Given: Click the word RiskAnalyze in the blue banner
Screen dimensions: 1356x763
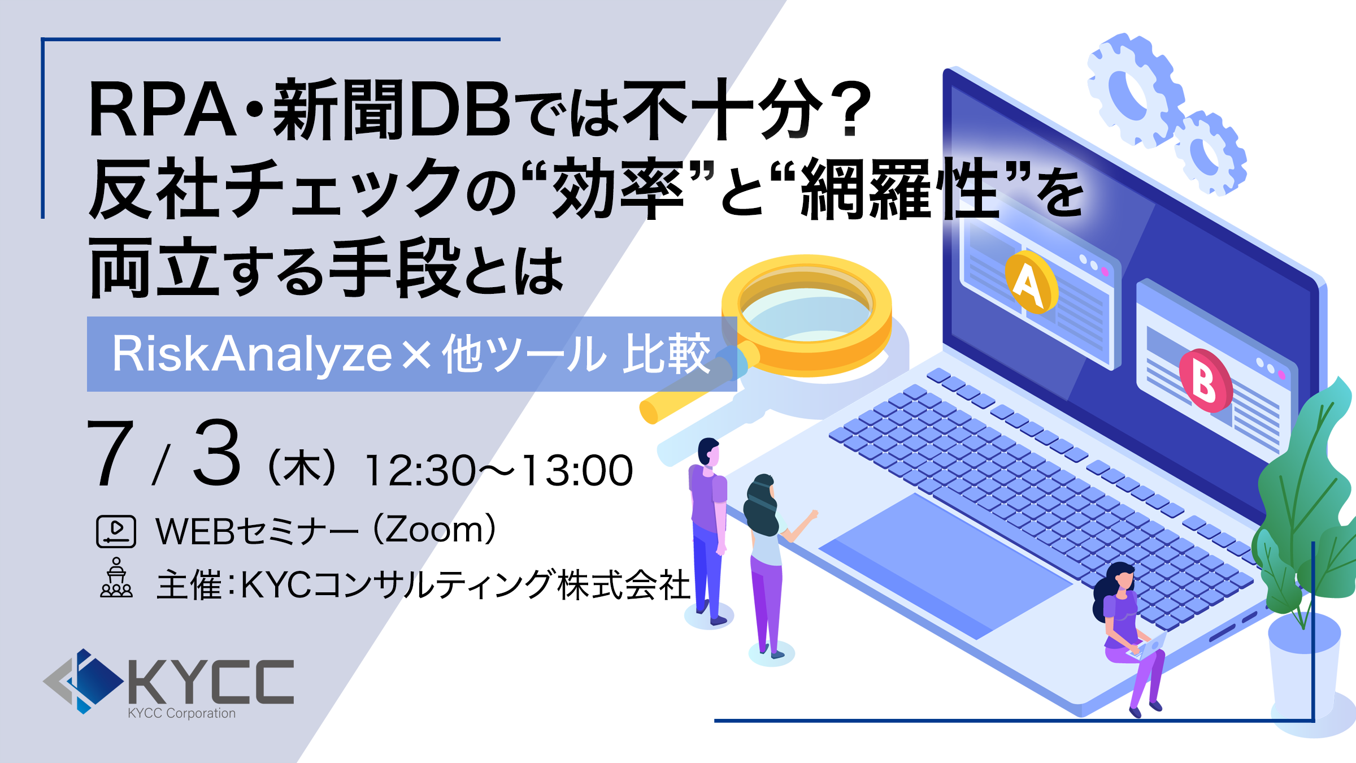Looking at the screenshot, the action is click(252, 354).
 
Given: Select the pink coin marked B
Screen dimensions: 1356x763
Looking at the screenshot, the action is click(1206, 380).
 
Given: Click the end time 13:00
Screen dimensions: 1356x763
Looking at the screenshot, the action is click(576, 470).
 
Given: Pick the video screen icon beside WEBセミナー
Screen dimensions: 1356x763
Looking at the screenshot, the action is click(116, 531).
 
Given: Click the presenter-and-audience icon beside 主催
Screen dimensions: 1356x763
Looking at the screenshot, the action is click(116, 578).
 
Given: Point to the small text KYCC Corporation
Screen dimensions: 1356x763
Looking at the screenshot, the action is click(182, 713).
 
